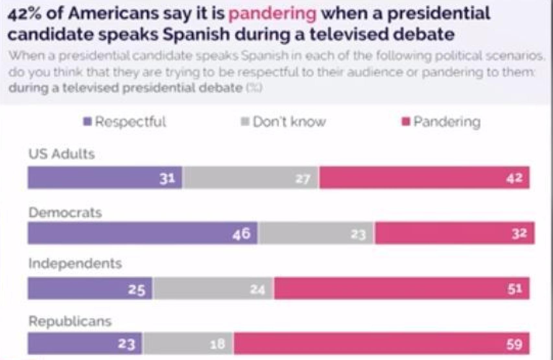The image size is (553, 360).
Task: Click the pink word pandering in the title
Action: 272,14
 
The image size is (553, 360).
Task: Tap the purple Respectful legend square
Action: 87,122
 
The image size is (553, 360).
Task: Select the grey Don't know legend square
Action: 245,122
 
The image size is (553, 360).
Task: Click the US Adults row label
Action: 62,154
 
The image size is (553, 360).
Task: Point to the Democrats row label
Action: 65,213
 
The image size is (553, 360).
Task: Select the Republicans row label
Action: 70,321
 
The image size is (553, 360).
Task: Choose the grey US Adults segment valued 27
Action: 250,177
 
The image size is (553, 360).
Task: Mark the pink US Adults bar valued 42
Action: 424,177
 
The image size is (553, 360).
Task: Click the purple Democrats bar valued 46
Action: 143,233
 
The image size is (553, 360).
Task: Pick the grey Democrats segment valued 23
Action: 316,233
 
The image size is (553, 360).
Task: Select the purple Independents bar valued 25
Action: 90,288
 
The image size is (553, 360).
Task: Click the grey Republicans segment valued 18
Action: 188,343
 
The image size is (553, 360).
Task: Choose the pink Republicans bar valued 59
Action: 381,343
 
